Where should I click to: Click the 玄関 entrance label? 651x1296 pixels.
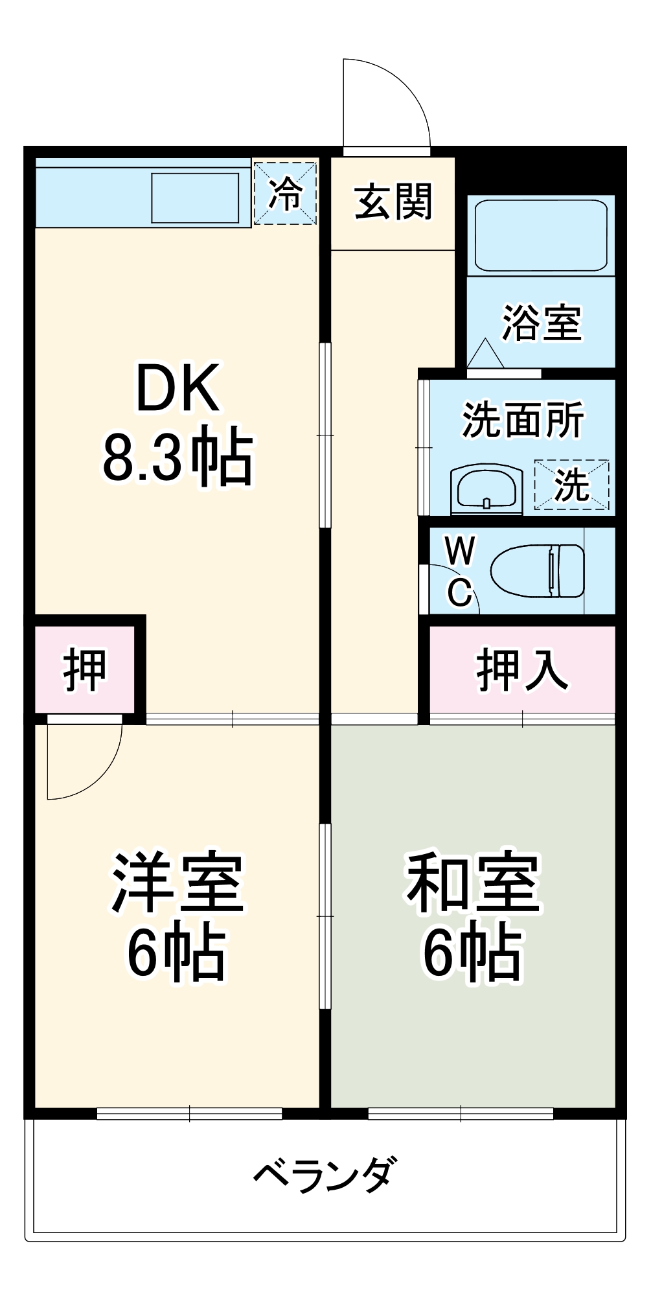click(393, 202)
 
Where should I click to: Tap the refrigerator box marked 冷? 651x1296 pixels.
click(285, 193)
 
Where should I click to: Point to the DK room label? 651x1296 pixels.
click(177, 388)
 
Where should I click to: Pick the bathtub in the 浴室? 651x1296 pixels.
click(541, 235)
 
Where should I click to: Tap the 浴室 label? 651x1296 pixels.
click(542, 322)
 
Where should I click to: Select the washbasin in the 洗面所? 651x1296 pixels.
click(486, 487)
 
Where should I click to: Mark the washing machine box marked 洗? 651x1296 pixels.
click(571, 484)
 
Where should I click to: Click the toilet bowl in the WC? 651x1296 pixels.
click(538, 570)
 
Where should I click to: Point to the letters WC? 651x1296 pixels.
click(460, 571)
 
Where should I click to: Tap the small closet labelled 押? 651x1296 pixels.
click(84, 669)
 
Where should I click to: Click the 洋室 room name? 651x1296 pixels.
click(177, 883)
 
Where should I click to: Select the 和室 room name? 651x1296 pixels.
click(473, 883)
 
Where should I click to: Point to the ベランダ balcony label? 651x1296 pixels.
click(324, 1174)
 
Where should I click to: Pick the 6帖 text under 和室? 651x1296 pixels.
click(473, 953)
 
